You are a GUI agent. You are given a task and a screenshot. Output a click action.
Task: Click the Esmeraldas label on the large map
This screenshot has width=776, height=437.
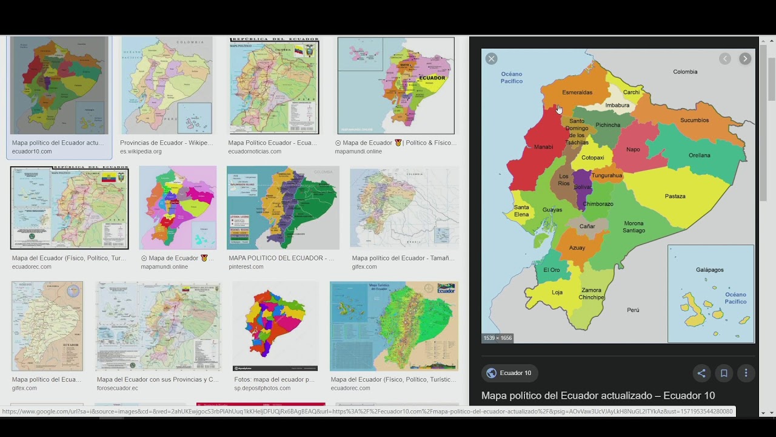coord(577,92)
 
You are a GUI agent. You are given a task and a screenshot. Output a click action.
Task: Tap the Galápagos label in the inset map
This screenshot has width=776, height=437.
coord(709,269)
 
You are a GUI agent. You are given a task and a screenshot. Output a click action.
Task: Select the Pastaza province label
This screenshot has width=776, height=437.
coord(675,196)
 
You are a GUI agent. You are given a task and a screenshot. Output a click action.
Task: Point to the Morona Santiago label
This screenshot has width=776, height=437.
coord(634,226)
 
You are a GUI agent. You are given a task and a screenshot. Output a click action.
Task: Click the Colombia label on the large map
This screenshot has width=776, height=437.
coord(685,72)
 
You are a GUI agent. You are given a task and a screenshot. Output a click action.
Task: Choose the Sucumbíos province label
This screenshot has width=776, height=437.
coord(694,120)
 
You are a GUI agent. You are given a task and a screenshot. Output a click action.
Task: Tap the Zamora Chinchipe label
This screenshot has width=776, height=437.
coord(591,294)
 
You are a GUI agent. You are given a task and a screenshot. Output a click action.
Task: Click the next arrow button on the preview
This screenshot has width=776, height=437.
coord(745,59)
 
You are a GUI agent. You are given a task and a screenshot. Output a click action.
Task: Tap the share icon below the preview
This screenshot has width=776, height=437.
coord(701,373)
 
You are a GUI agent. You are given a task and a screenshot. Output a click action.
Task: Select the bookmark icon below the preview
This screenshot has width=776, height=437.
coord(724,373)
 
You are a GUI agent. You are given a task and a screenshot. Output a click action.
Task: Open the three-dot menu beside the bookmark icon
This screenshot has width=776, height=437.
coord(746,373)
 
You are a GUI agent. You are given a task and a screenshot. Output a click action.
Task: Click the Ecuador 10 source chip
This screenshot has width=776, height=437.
coord(509,373)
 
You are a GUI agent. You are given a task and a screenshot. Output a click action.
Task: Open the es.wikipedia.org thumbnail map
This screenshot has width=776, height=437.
coord(167,86)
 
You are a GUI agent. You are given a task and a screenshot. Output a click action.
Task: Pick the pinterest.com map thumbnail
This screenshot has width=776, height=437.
coord(283,208)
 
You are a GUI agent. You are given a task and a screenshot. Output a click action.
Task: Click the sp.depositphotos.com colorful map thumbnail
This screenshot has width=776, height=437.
coord(275,326)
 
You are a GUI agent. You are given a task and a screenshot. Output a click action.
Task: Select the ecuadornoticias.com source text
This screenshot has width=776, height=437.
coord(255,152)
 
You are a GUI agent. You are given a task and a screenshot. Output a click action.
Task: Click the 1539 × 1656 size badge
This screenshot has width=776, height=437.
coord(498,338)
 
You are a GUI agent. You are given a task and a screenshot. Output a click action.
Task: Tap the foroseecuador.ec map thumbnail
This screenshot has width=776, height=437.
coord(158,326)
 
